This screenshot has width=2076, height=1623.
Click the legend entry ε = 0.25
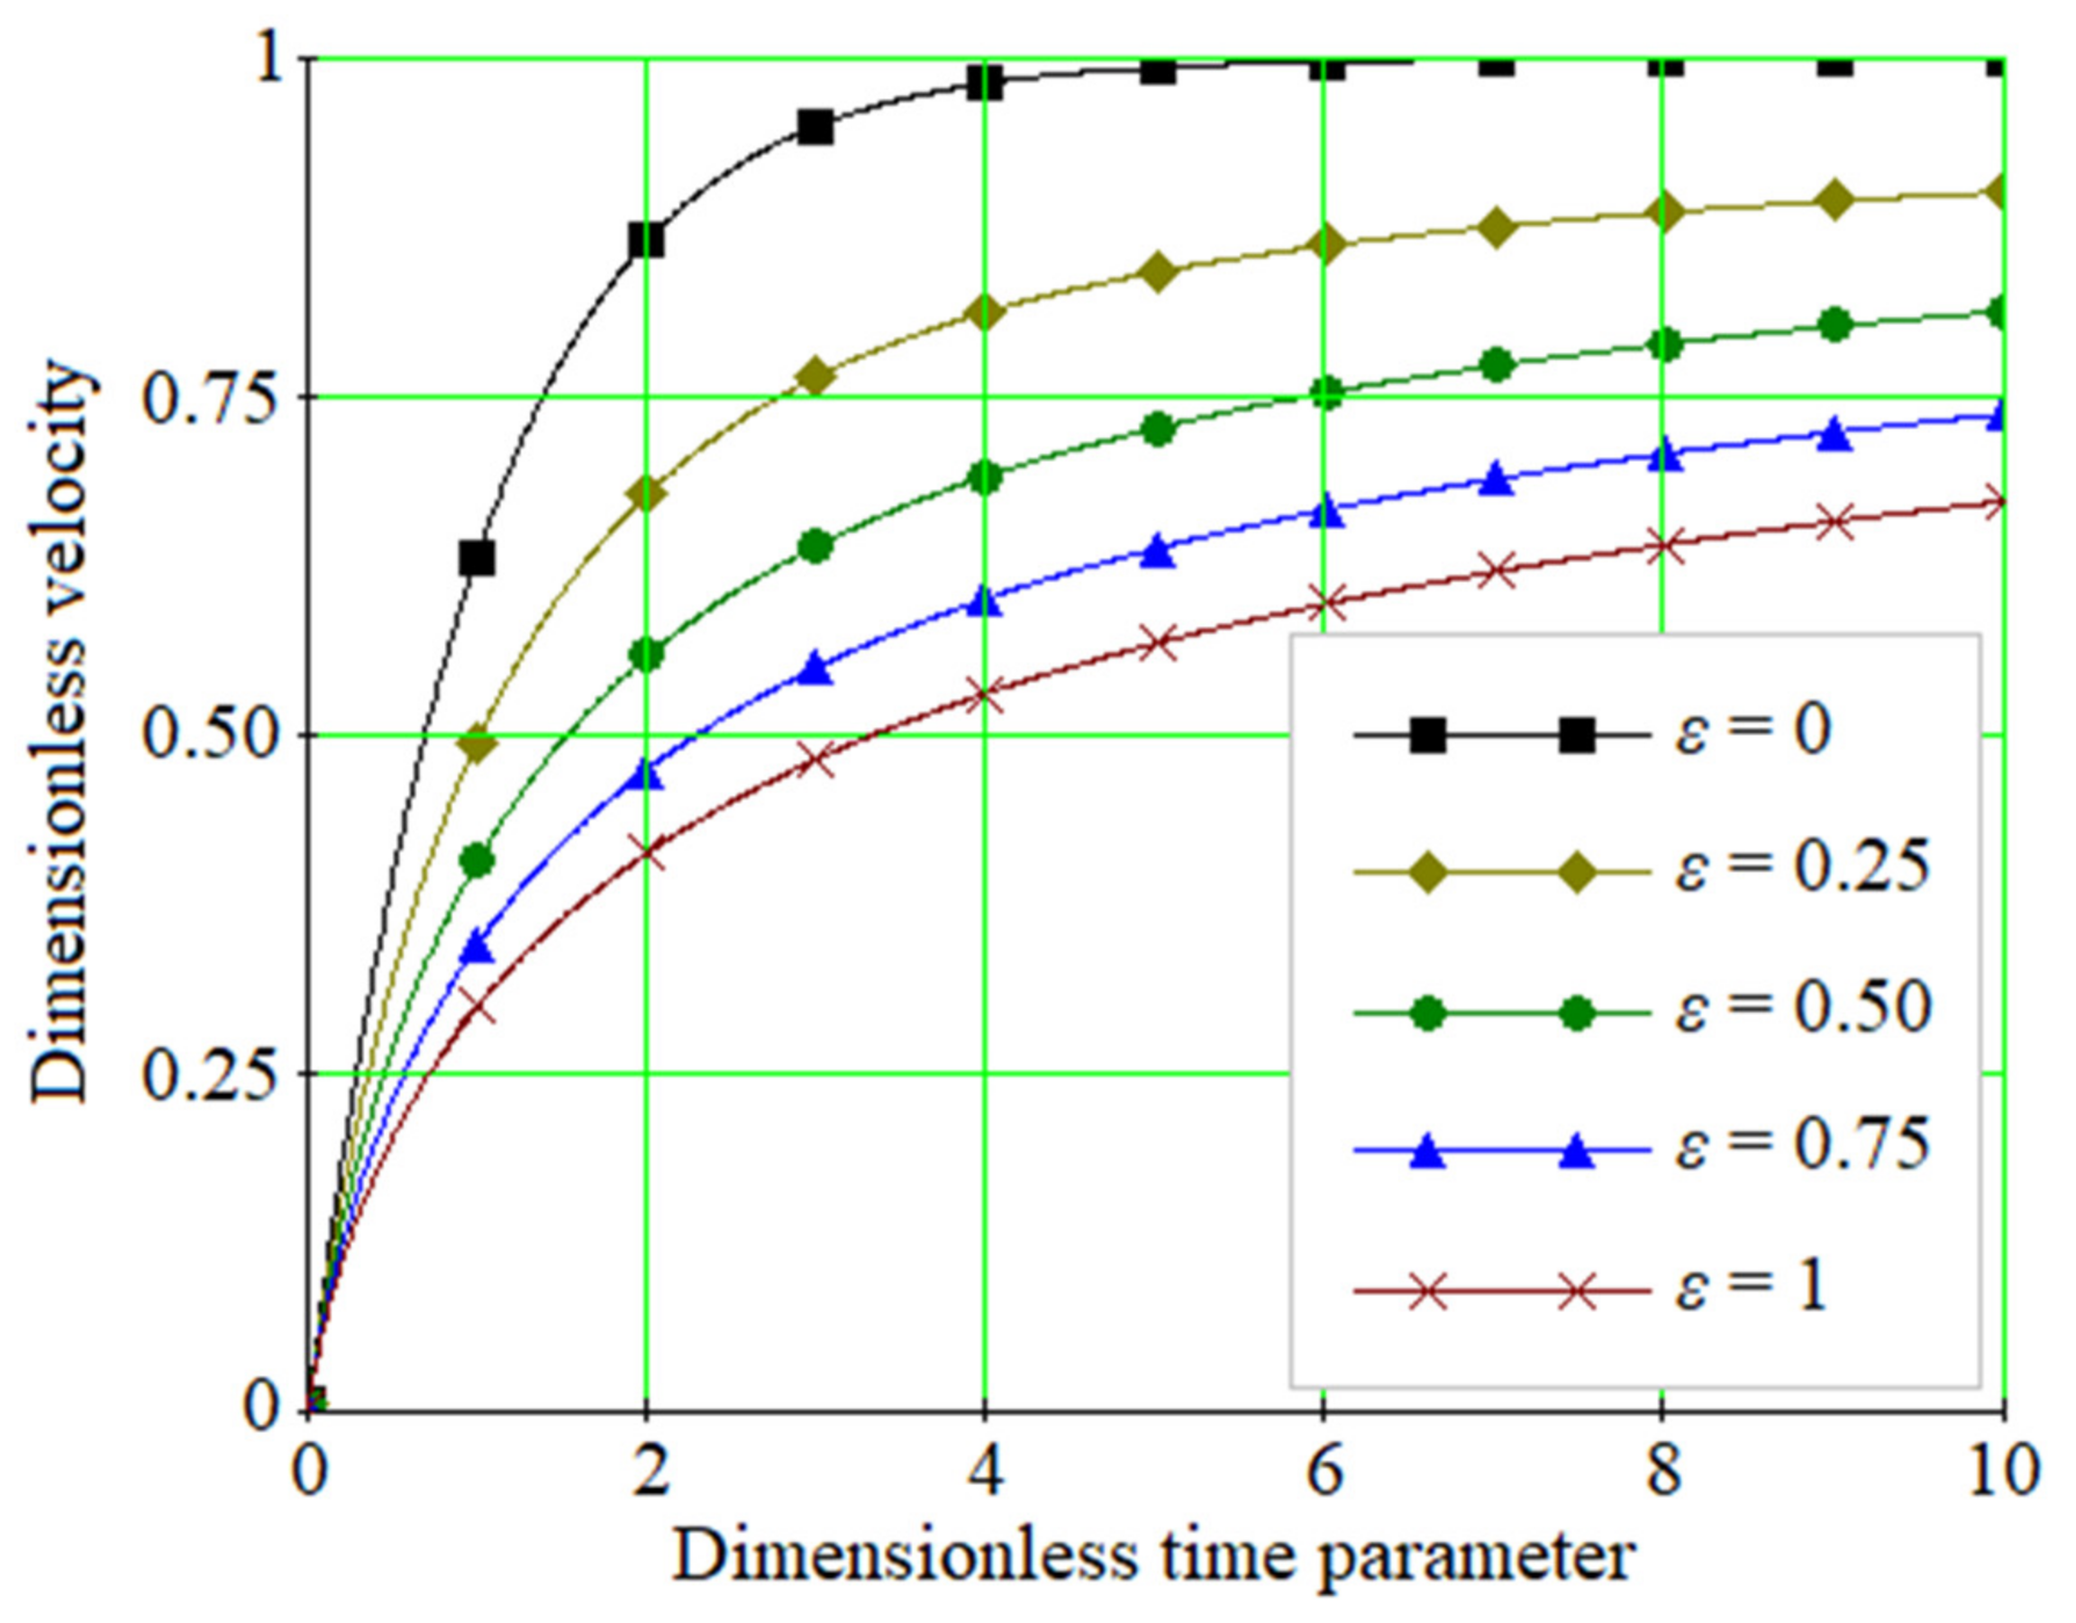(1801, 867)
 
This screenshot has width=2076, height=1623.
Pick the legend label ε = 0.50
(1801, 1007)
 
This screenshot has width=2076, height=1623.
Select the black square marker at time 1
(478, 558)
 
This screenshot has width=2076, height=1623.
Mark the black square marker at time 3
(815, 127)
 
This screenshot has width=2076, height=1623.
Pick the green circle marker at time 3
(815, 546)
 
